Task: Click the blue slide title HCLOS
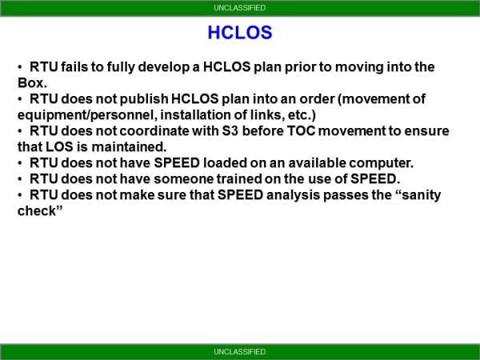coord(240,33)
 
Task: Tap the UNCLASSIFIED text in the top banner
coord(240,8)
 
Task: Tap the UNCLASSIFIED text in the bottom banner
coord(240,352)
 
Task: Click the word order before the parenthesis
coord(330,99)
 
